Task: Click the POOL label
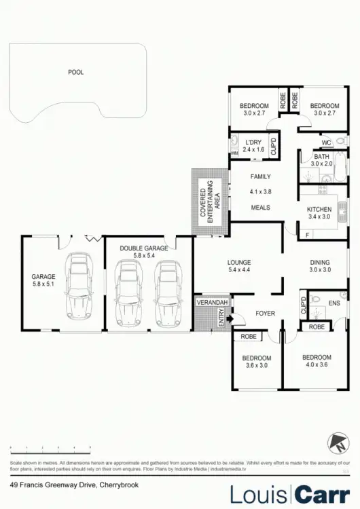(x=75, y=72)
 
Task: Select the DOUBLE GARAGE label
(x=144, y=248)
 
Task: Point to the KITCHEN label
(x=318, y=208)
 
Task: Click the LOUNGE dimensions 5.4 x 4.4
(x=240, y=270)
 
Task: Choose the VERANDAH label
(x=211, y=301)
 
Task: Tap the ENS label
(x=334, y=303)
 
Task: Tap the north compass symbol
(x=336, y=443)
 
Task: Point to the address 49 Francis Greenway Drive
(x=54, y=485)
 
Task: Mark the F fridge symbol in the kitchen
(x=307, y=234)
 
